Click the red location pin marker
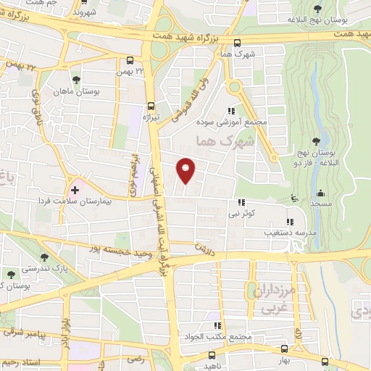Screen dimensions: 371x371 click(x=186, y=170)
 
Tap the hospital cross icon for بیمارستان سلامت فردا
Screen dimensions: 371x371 click(x=75, y=189)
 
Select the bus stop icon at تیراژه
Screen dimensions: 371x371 click(x=151, y=104)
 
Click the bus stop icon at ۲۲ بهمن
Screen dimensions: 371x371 click(x=130, y=62)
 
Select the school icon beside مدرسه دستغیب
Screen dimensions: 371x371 click(x=290, y=222)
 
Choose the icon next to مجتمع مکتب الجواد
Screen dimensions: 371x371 click(x=217, y=326)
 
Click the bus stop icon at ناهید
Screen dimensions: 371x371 click(x=212, y=356)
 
